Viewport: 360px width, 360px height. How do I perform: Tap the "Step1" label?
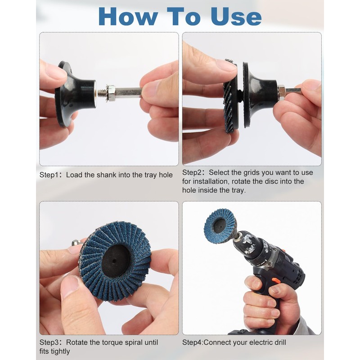pos(49,175)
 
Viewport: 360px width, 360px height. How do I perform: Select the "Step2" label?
pos(192,172)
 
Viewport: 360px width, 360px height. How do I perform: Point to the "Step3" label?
pos(49,342)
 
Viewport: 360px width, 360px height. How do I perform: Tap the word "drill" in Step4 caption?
pos(278,342)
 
